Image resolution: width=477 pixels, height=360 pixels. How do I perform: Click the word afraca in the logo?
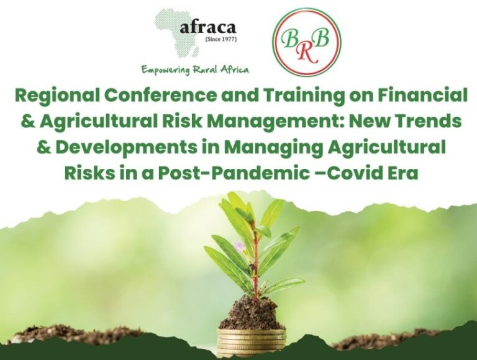(208, 28)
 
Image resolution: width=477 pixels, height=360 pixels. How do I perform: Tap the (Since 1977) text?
(221, 40)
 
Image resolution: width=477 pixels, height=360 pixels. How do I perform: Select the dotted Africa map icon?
(178, 34)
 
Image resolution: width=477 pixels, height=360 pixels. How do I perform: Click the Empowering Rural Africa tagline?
(194, 70)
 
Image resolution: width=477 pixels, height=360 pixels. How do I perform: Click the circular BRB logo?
(307, 42)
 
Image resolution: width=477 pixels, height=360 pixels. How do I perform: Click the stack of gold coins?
(252, 341)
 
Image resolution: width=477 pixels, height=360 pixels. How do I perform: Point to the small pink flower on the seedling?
(239, 246)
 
